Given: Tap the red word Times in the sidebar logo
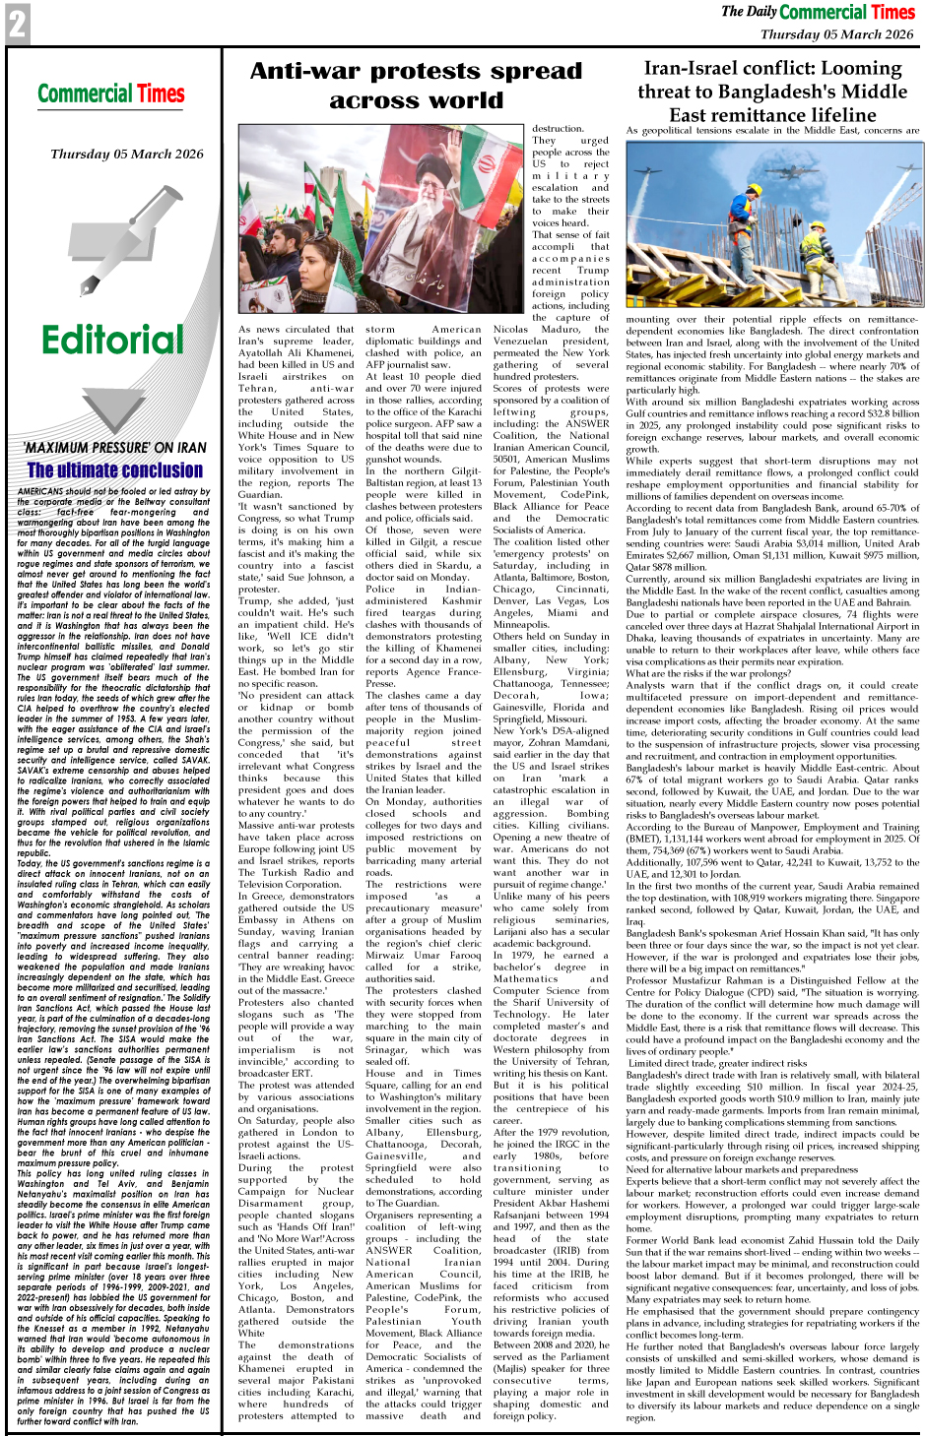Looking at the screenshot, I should [161, 94].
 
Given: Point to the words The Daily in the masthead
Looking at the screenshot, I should [749, 12].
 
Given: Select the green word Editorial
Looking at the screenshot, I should [113, 340].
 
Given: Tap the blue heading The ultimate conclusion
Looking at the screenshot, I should [115, 470].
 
